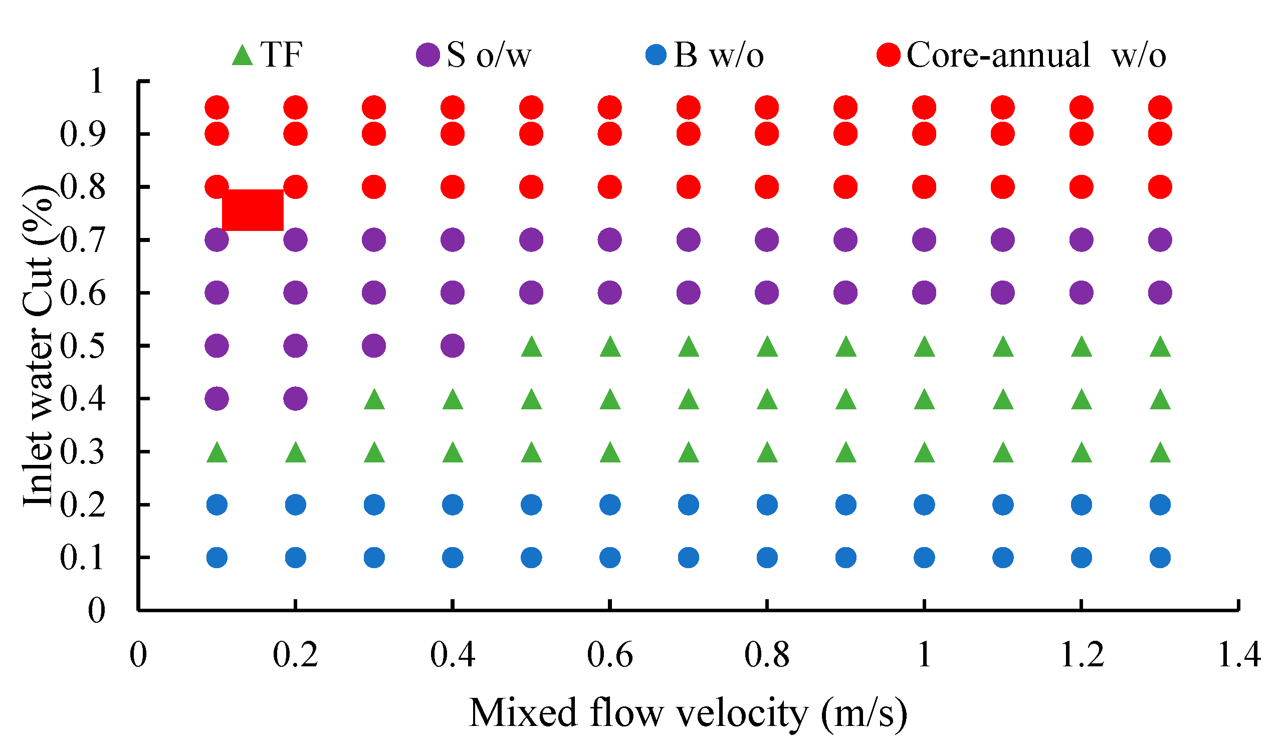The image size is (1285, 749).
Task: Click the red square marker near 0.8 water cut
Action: [253, 210]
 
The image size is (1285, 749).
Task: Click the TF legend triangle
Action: [242, 56]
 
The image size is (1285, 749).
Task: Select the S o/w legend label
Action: [489, 55]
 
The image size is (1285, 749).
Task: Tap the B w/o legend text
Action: [719, 55]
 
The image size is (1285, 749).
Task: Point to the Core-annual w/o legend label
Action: [1035, 55]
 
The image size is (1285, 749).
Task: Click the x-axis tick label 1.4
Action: [1238, 655]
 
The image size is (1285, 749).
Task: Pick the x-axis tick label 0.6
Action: [609, 655]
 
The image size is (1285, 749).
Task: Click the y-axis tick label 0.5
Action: [83, 346]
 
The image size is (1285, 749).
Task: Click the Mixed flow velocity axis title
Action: [688, 713]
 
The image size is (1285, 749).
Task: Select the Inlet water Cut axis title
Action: [38, 347]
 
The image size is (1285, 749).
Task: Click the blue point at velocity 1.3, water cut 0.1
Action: [1160, 558]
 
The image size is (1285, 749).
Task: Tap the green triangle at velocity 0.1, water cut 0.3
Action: [217, 453]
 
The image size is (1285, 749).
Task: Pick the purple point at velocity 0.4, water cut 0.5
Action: [452, 346]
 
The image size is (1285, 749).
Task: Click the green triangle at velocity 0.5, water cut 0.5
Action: [531, 348]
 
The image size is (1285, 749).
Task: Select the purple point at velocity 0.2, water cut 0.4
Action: [295, 399]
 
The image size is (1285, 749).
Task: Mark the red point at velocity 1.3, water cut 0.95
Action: [1160, 108]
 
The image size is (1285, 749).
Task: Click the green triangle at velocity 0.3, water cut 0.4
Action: [374, 400]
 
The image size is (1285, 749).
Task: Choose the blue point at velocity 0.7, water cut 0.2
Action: [689, 505]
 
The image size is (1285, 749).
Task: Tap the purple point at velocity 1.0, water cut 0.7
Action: [924, 239]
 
